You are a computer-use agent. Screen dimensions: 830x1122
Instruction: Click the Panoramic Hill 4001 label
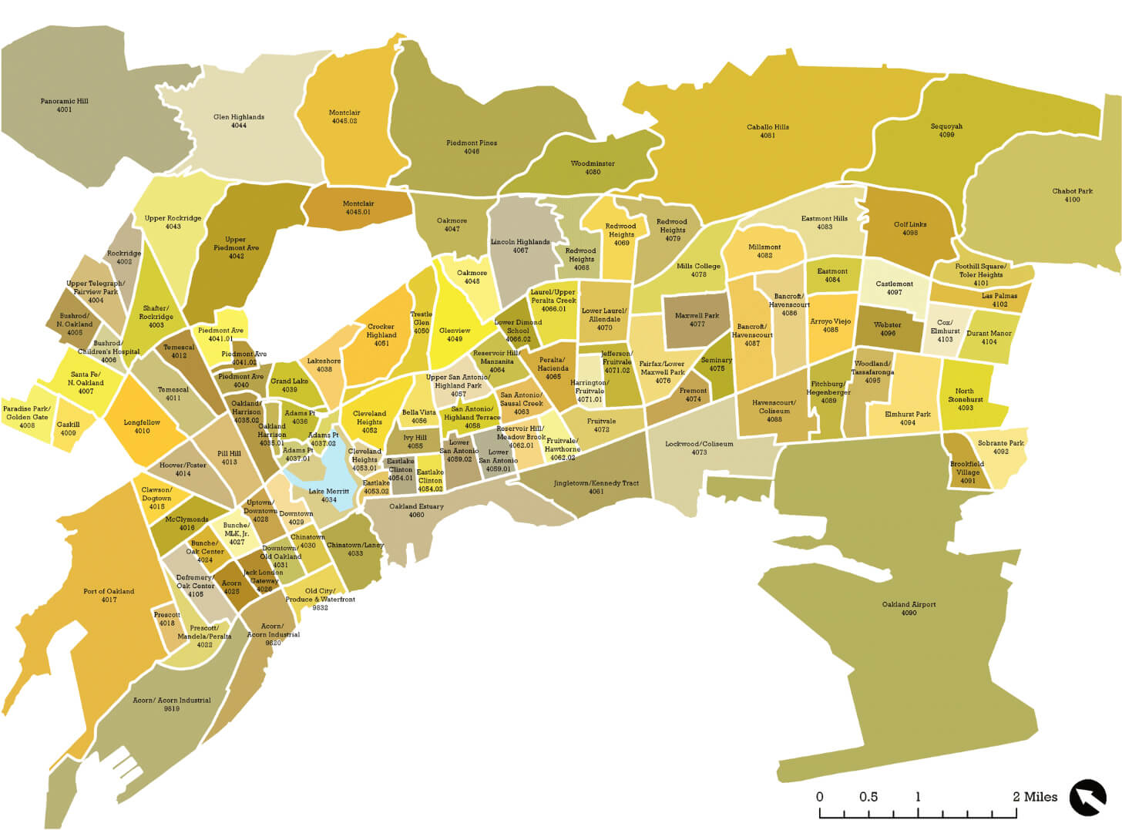[65, 106]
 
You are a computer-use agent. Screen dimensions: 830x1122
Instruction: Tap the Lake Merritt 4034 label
[329, 496]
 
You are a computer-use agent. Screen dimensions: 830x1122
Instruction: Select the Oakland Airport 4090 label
[909, 609]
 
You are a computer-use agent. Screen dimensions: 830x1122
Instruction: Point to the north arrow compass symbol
[1087, 798]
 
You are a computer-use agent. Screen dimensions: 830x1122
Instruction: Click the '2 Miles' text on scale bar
[1035, 797]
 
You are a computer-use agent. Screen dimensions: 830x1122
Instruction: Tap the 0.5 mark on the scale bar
[868, 797]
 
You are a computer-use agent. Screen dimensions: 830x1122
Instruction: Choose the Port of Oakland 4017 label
[109, 595]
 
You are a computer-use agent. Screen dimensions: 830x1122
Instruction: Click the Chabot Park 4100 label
[1072, 195]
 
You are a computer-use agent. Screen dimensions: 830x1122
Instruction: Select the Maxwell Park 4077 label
[697, 320]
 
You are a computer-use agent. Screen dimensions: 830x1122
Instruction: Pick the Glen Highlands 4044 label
[239, 121]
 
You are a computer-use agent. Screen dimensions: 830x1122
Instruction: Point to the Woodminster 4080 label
[593, 168]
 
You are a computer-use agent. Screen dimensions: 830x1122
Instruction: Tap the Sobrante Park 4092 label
[1000, 447]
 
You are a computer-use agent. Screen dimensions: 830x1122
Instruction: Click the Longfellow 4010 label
[142, 426]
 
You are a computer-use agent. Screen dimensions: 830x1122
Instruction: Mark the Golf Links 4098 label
[910, 228]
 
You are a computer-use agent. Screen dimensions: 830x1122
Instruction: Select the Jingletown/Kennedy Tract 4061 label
[596, 487]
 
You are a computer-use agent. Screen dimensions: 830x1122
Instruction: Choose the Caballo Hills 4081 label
[768, 131]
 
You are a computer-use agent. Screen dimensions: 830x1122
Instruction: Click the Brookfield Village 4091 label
[967, 472]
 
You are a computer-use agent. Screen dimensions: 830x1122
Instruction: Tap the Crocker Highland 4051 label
[381, 335]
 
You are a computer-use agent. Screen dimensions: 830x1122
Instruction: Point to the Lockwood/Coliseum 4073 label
[699, 448]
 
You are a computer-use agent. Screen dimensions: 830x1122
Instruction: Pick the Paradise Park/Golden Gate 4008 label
[27, 417]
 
